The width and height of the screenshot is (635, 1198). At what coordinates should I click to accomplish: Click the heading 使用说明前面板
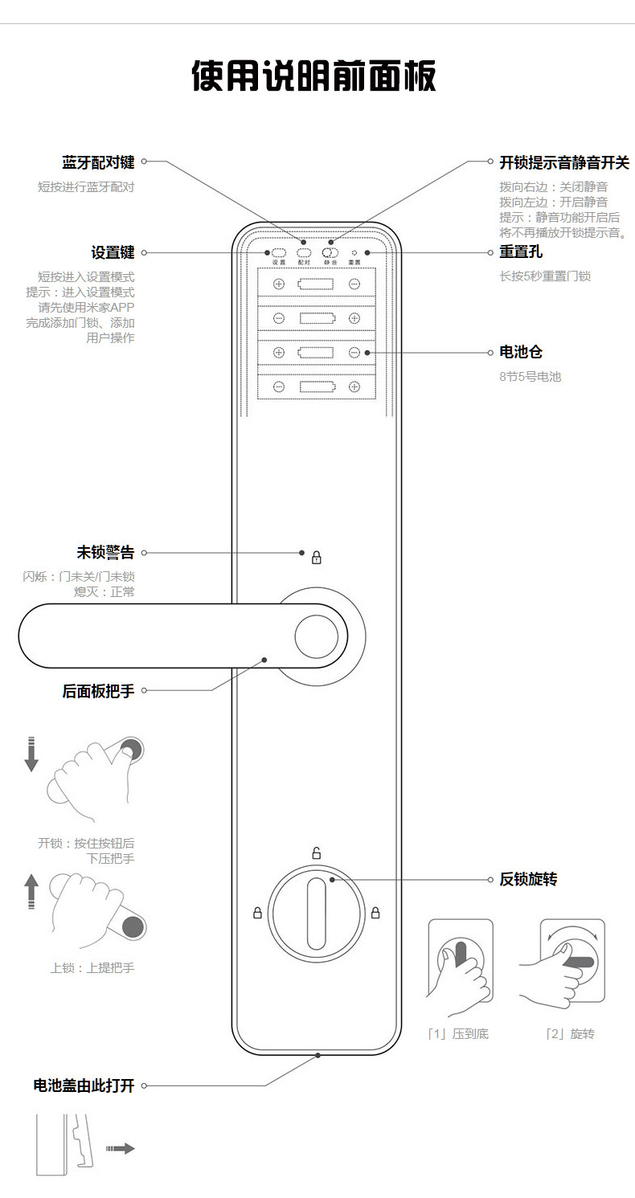click(x=314, y=77)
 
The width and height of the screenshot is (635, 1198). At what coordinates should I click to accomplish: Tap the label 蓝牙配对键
click(x=98, y=162)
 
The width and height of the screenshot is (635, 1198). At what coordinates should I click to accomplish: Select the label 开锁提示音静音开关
click(x=563, y=162)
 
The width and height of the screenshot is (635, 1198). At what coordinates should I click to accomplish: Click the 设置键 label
click(x=113, y=252)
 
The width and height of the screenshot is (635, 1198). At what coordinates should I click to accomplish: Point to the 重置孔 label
click(x=520, y=252)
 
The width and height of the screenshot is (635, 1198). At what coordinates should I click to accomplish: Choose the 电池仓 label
click(x=520, y=352)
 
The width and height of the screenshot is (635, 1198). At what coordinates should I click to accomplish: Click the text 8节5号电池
click(x=530, y=376)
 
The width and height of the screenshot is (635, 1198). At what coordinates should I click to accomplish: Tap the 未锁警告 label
click(x=105, y=553)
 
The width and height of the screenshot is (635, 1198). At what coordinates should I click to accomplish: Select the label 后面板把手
click(x=98, y=690)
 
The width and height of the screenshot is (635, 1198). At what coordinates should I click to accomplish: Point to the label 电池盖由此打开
click(x=84, y=1086)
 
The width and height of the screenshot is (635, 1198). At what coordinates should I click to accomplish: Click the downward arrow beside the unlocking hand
click(x=31, y=753)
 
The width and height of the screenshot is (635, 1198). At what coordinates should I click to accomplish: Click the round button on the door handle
click(x=316, y=637)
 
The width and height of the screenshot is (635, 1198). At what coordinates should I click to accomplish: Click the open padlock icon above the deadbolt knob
click(x=316, y=853)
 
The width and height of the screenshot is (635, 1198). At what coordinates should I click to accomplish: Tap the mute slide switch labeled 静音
click(x=330, y=252)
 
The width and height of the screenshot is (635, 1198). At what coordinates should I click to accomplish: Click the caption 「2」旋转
click(x=570, y=1034)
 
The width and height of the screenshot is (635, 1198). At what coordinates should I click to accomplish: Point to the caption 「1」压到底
click(x=457, y=1034)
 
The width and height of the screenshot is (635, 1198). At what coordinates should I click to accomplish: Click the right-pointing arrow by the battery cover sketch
click(x=121, y=1149)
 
